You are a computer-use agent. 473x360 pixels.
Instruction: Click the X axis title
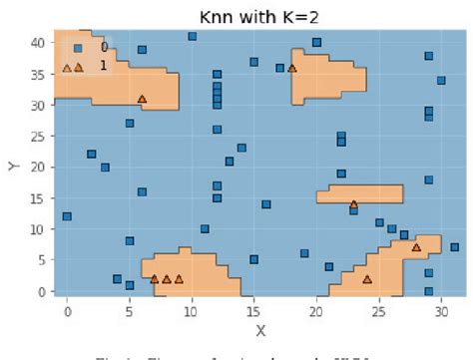260,329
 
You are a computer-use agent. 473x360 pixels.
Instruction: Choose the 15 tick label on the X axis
254,309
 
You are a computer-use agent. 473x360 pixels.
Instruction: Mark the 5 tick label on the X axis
130,309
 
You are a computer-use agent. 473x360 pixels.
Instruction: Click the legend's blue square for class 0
78,48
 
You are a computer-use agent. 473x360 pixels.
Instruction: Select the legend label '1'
103,66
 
